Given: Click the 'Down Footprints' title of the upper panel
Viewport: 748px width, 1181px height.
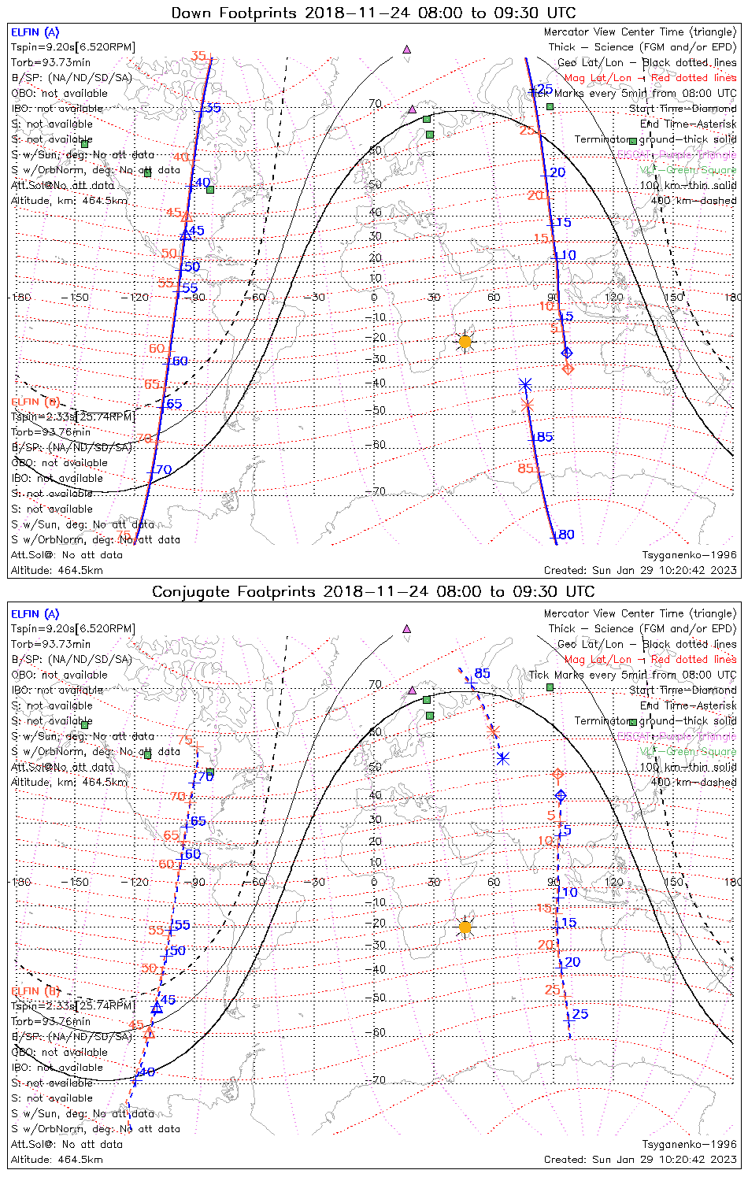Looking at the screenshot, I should [373, 13].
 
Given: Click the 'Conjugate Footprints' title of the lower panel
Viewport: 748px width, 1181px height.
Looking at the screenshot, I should [373, 592].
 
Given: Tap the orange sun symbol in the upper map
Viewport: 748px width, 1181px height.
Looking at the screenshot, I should [465, 342].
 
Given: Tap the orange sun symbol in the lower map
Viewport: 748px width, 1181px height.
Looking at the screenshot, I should [465, 927].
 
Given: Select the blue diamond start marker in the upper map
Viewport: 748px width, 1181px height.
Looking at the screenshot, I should [566, 352].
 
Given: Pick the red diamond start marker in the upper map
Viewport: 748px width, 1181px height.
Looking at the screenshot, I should [568, 368].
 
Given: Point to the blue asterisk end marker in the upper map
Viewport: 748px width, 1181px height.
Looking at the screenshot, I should [525, 385].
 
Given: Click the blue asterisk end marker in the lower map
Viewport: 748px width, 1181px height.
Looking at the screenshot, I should [503, 758].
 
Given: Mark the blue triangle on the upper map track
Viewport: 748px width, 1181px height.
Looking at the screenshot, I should [185, 234].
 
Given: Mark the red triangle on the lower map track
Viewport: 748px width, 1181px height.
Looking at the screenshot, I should [149, 1032].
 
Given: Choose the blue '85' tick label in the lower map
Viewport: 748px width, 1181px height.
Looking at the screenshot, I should [482, 674].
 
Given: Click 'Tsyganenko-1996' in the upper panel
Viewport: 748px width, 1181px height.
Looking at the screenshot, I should [689, 555].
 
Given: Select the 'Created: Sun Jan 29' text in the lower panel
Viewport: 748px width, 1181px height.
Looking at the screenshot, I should [640, 1159].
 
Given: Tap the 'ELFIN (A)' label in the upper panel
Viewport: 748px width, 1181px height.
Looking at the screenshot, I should [35, 32].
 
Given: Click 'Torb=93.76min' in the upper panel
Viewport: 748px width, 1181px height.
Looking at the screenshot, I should [50, 432].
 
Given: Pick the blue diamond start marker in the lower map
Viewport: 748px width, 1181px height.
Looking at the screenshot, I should [561, 796].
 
